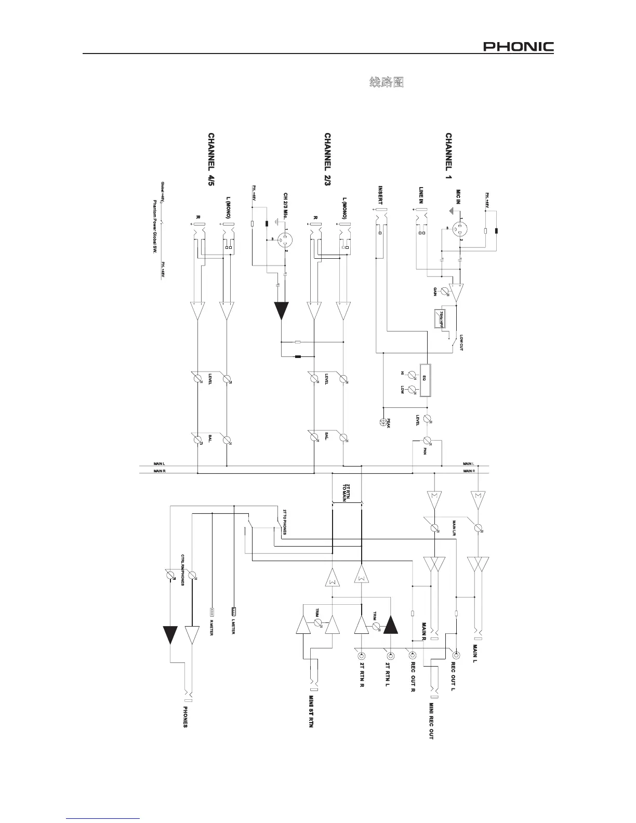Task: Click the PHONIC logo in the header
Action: pos(519,47)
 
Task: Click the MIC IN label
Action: pos(458,198)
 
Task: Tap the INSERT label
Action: pos(380,195)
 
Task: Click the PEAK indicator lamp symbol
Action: pos(383,421)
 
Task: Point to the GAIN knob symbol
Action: pos(445,292)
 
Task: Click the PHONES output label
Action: pos(185,717)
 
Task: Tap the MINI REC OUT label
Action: pos(431,721)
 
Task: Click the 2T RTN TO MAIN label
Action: pos(347,492)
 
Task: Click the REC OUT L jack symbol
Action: pos(456,655)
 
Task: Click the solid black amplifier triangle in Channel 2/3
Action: pos(281,310)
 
